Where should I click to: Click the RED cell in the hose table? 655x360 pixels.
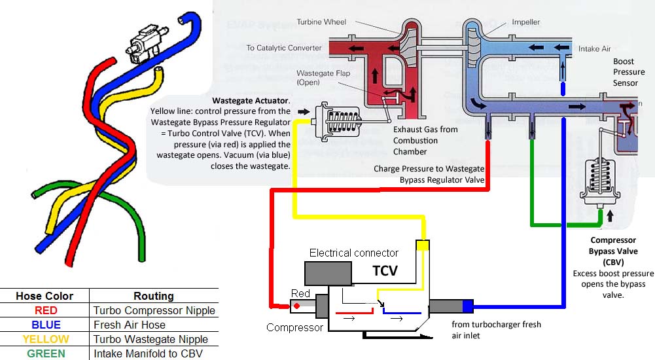click(x=45, y=310)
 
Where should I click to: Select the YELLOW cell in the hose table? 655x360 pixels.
click(x=45, y=339)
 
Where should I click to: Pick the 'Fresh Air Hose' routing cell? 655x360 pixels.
click(x=129, y=325)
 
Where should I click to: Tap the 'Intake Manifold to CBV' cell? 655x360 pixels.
click(x=149, y=353)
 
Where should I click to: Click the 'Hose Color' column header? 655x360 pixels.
click(x=45, y=296)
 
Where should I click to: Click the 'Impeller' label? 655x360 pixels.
click(x=525, y=22)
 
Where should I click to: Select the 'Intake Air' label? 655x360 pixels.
click(x=594, y=48)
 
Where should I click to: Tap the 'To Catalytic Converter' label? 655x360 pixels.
click(x=284, y=48)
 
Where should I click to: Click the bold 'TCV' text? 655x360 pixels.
click(x=385, y=270)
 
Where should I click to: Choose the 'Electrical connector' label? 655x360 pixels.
click(x=353, y=253)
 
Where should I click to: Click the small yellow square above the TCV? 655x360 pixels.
click(x=423, y=245)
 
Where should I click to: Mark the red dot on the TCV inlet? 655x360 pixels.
click(x=296, y=305)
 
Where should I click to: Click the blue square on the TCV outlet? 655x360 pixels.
click(x=467, y=306)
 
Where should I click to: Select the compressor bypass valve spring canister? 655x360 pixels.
click(x=599, y=179)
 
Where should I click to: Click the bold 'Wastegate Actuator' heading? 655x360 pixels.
click(x=251, y=101)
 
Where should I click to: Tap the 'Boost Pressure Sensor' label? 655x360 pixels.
click(x=628, y=72)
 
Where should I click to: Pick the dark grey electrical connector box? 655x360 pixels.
click(x=328, y=273)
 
